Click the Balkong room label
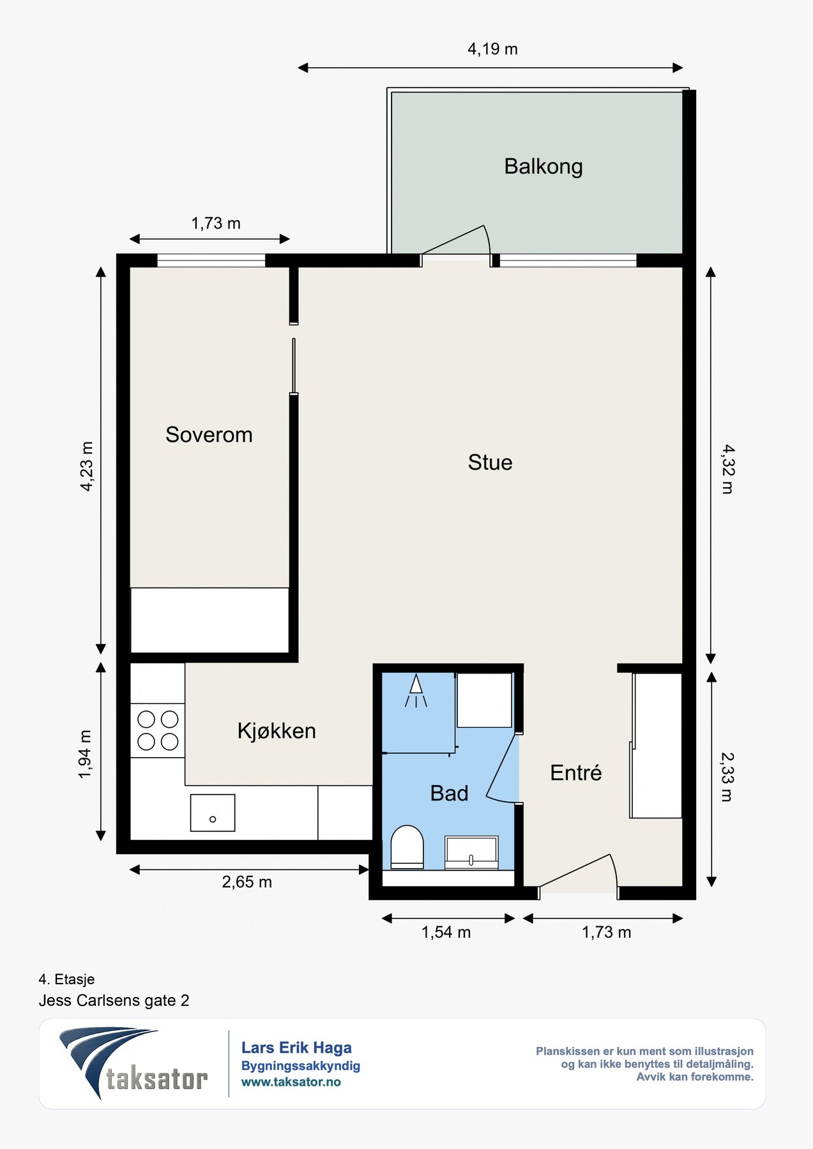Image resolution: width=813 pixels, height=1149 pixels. (x=543, y=167)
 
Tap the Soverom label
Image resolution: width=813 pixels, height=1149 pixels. (x=209, y=435)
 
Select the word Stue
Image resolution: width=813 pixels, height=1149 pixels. (x=490, y=462)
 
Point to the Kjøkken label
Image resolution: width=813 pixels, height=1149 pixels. (x=277, y=731)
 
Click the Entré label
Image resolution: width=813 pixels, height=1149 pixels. (x=576, y=772)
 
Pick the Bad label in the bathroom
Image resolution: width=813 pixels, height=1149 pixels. (x=449, y=793)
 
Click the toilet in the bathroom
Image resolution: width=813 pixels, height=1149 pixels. (x=407, y=847)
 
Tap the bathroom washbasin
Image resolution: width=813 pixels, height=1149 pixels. (x=471, y=853)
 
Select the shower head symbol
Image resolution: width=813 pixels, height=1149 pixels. (x=416, y=691)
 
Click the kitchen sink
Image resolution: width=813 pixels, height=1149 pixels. (x=213, y=813)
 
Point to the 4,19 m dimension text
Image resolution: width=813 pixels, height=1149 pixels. (x=492, y=49)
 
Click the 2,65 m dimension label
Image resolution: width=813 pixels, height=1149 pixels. (x=247, y=882)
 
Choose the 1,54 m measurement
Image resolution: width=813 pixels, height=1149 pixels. (x=446, y=933)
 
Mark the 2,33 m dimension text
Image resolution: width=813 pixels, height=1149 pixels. (x=727, y=776)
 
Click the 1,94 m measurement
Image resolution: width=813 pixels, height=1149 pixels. (x=86, y=754)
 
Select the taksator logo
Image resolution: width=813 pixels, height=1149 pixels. (x=133, y=1063)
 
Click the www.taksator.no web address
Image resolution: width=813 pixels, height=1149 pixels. (x=291, y=1082)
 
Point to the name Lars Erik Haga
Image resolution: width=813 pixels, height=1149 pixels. (x=296, y=1048)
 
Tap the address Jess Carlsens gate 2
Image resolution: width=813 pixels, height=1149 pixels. (x=114, y=1000)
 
